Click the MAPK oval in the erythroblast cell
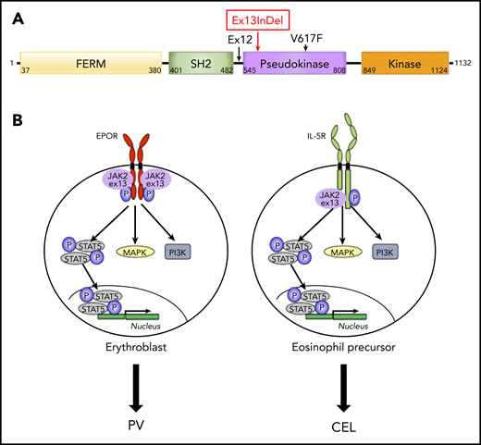click(x=135, y=250)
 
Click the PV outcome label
click(x=135, y=426)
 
